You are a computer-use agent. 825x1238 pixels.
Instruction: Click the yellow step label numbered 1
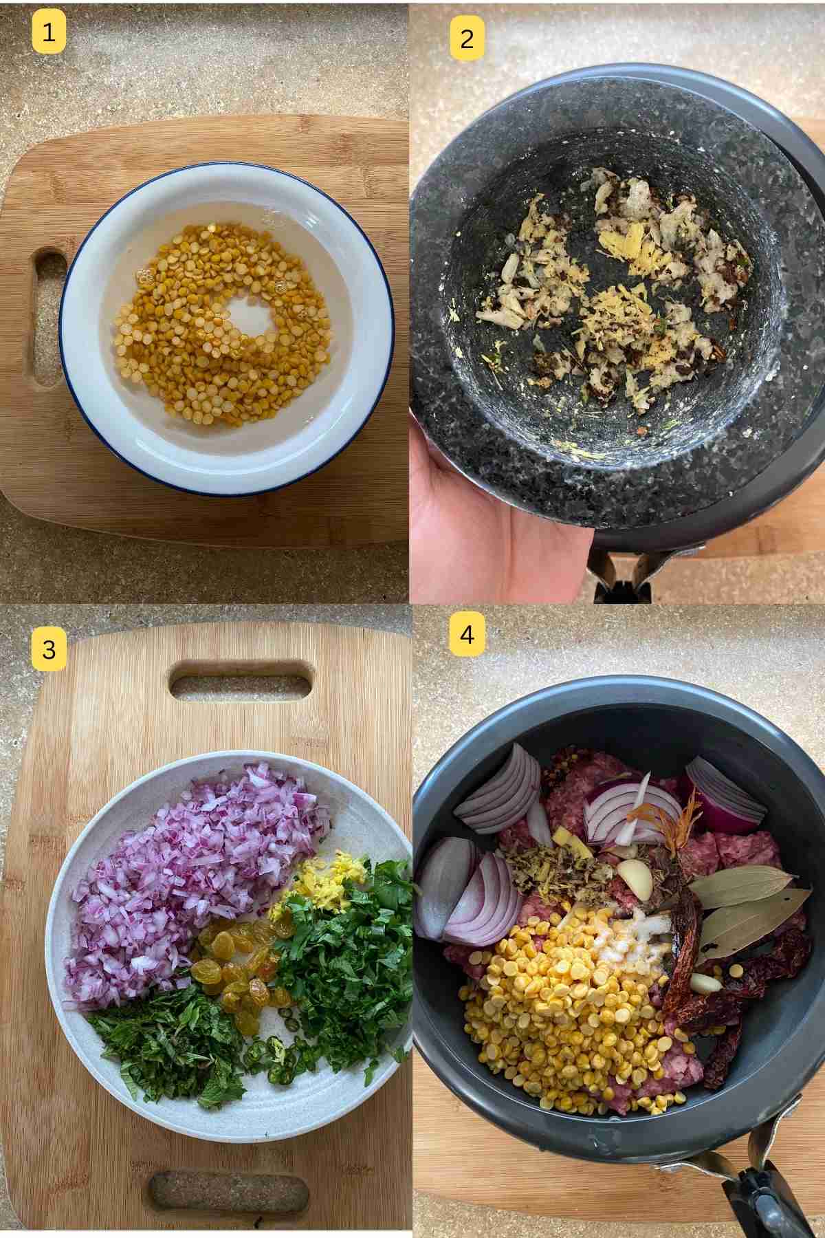48,32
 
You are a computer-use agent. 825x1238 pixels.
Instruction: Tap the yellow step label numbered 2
467,39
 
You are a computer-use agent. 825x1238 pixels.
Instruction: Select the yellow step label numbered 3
49,649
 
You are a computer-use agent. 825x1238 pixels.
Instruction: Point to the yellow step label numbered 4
467,634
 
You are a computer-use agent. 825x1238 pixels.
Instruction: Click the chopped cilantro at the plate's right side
344,963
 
